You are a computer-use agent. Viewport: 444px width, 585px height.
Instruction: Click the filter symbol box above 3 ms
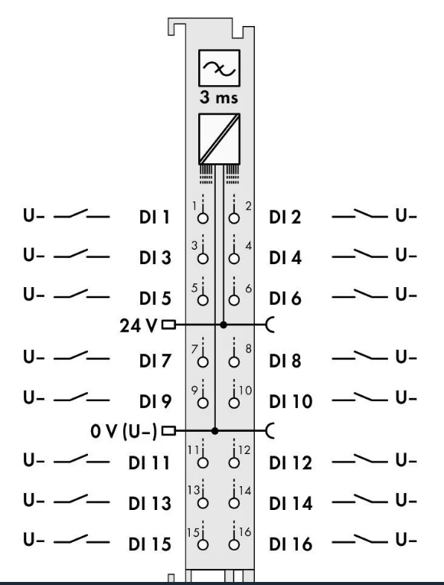220,68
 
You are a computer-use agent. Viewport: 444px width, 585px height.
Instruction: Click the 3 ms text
219,97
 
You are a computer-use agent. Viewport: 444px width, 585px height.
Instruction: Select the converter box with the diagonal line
220,139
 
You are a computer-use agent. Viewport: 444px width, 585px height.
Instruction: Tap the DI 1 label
155,217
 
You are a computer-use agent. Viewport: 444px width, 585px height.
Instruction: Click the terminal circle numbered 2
234,218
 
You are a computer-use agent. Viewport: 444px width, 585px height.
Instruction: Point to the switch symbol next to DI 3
81,255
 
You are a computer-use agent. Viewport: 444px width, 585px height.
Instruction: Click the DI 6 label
285,299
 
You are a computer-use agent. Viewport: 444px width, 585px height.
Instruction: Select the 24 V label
139,325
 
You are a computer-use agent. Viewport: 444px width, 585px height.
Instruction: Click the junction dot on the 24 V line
223,325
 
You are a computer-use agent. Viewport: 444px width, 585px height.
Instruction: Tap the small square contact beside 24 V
168,325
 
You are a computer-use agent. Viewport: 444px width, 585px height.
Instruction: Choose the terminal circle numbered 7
203,362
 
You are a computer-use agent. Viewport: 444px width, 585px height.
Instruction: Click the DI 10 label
291,401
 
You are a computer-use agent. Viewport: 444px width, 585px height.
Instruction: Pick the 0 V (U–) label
123,431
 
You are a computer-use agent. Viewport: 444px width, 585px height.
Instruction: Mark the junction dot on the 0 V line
214,431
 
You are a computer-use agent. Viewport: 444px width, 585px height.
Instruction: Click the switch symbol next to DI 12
360,459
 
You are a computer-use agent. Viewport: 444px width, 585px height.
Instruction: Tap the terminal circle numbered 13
203,503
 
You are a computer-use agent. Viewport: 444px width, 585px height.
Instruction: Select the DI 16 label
291,544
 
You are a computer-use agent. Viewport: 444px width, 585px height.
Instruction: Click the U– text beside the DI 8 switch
406,358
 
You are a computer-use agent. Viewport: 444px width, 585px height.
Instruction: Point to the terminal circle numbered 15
203,544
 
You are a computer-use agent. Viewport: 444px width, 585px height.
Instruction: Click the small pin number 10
245,391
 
